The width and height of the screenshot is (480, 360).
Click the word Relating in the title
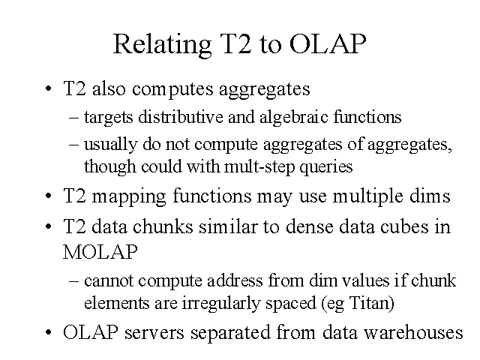pyautogui.click(x=163, y=45)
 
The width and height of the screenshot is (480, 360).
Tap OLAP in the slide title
pyautogui.click(x=328, y=43)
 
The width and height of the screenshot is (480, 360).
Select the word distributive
pyautogui.click(x=181, y=117)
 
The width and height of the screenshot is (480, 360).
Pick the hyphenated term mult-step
pyautogui.click(x=259, y=167)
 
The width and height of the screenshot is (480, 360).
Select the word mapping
pyautogui.click(x=129, y=196)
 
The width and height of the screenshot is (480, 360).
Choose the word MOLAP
pyautogui.click(x=100, y=252)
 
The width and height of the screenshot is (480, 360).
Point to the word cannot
pyautogui.click(x=109, y=280)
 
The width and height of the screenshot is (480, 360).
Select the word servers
pyautogui.click(x=154, y=333)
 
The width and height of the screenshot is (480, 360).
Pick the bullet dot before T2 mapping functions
pyautogui.click(x=48, y=196)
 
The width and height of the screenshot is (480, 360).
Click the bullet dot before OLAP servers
pyautogui.click(x=48, y=332)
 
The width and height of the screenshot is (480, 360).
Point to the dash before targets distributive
pyautogui.click(x=73, y=118)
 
